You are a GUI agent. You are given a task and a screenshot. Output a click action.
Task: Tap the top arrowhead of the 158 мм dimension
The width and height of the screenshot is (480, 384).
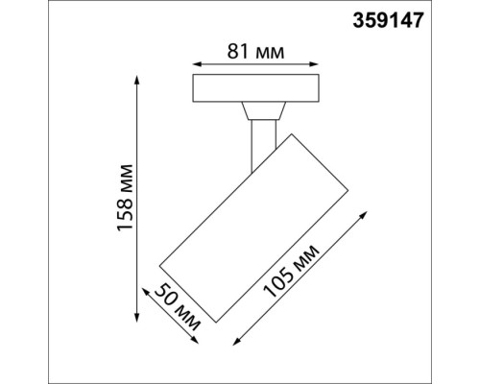(136, 81)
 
